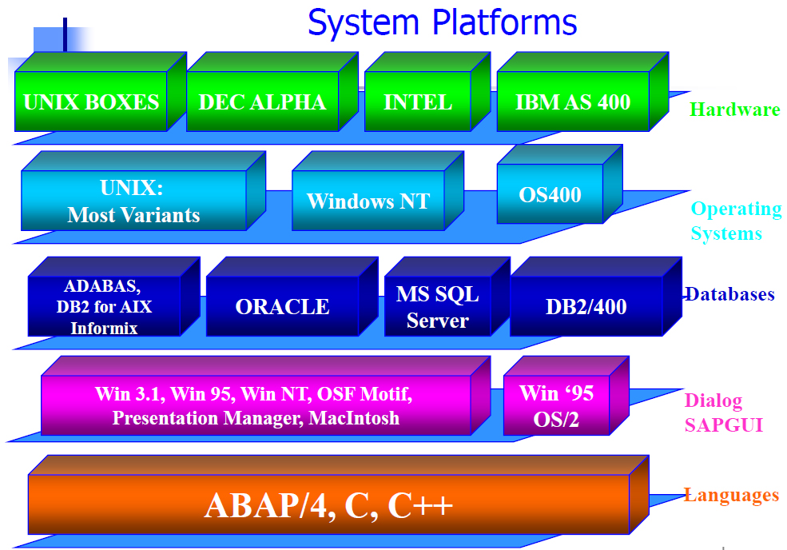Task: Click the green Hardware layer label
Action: [x=735, y=110]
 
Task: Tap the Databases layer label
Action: [x=730, y=294]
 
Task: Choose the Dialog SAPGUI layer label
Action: [x=724, y=412]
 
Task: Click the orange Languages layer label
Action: [x=732, y=496]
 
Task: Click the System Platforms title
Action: [x=442, y=22]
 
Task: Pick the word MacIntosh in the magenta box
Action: [x=354, y=418]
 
